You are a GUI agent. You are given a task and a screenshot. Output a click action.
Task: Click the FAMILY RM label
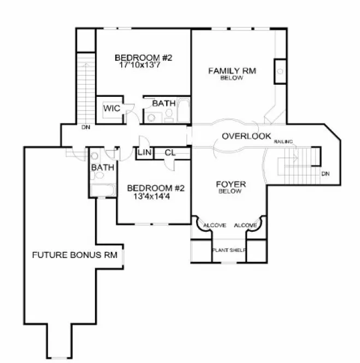(x=232, y=71)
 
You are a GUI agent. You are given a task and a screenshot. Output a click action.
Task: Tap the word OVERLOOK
(x=246, y=136)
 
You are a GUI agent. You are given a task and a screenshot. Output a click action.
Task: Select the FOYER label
(x=231, y=184)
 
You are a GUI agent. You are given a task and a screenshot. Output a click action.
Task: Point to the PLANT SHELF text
(x=229, y=251)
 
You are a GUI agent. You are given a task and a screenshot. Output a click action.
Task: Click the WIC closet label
(x=111, y=108)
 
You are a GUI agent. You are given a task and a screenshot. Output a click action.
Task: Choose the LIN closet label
(x=144, y=153)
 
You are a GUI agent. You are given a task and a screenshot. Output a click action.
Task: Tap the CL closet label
(x=170, y=153)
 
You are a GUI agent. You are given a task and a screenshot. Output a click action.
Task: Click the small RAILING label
(x=284, y=142)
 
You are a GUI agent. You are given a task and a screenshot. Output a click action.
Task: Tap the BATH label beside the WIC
(x=163, y=103)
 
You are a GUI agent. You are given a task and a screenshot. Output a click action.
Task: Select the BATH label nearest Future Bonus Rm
(x=102, y=167)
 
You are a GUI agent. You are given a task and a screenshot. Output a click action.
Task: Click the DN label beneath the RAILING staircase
(x=326, y=174)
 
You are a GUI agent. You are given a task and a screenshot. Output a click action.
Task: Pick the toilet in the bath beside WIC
(x=169, y=115)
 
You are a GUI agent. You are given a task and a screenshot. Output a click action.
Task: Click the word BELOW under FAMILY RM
(x=232, y=78)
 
